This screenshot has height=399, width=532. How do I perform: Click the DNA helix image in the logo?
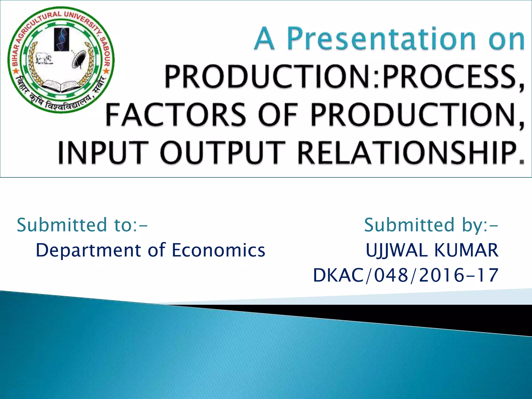click(62, 39)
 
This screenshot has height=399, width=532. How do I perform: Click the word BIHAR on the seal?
click(16, 56)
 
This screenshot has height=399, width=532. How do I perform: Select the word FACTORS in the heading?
click(176, 115)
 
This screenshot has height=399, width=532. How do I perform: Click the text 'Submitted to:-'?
click(82, 225)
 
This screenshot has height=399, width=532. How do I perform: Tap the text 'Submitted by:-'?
click(431, 225)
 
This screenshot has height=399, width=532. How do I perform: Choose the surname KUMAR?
click(466, 250)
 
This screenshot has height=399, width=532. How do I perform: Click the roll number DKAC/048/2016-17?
click(405, 275)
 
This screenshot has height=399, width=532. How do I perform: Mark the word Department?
click(88, 250)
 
